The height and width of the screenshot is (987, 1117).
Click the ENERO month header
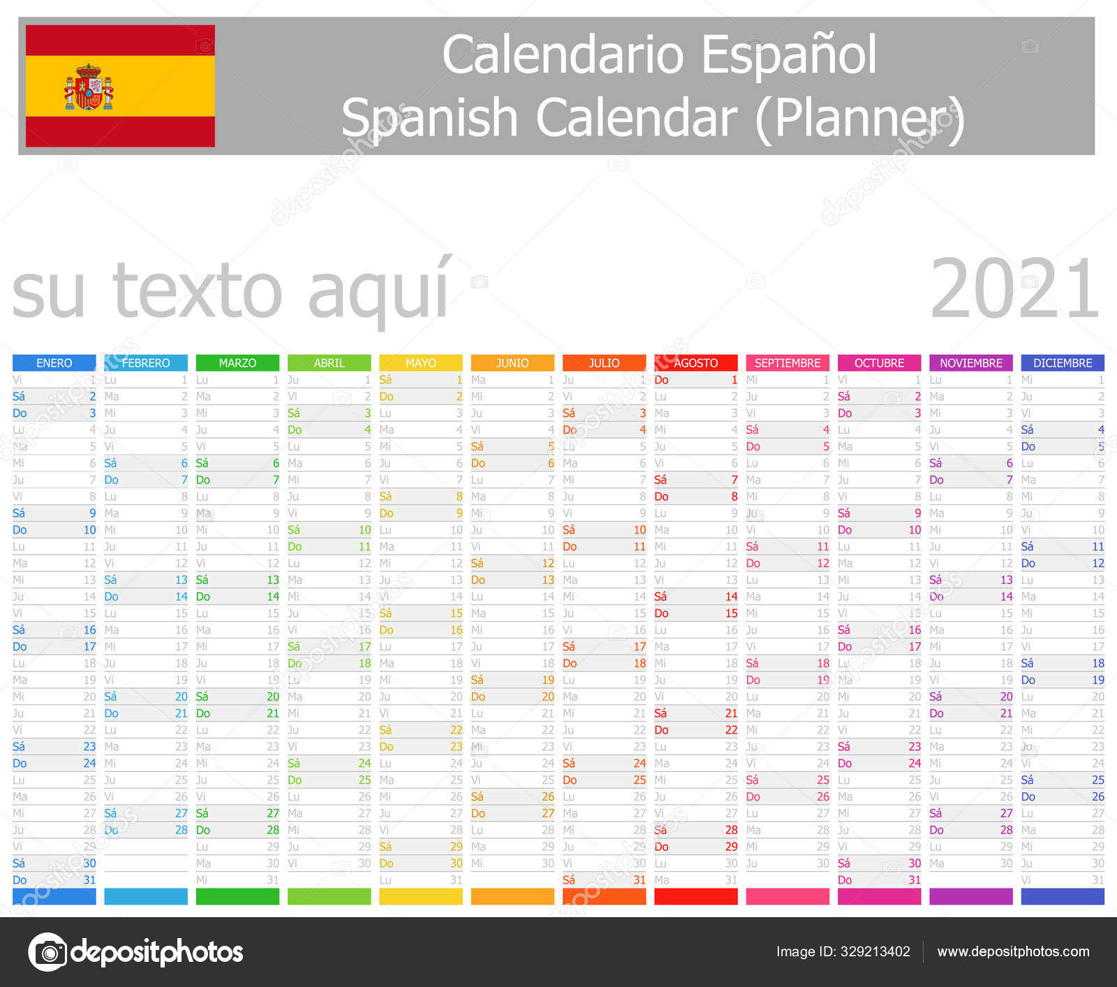[x=54, y=363]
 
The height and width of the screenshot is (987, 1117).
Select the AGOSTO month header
[x=695, y=363]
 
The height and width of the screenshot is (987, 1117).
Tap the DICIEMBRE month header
[x=1062, y=363]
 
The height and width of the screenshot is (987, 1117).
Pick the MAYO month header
[x=420, y=363]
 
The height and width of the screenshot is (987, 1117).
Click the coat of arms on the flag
[x=89, y=87]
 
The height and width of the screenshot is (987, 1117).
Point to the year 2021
[x=1014, y=288]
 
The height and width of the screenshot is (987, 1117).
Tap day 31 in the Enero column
[x=89, y=880]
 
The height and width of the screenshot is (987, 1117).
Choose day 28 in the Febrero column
[x=182, y=830]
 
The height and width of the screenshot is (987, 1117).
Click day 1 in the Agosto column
[x=734, y=380]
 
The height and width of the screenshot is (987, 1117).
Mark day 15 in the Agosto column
[x=731, y=613]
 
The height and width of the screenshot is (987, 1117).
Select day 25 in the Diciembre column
[x=1097, y=780]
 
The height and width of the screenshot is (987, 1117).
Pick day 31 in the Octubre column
[x=915, y=880]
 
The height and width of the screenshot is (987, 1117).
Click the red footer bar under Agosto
[x=695, y=896]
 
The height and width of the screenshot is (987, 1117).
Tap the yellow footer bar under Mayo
[x=420, y=896]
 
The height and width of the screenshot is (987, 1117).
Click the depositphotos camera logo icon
[x=47, y=952]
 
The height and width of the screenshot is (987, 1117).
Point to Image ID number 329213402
[x=875, y=951]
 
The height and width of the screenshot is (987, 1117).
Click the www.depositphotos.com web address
[x=1013, y=951]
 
